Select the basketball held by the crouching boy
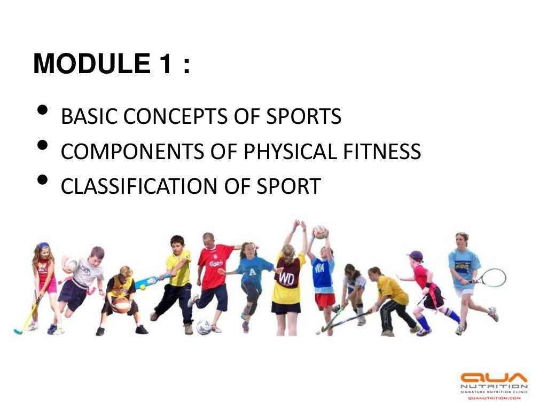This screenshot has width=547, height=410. click(121, 305)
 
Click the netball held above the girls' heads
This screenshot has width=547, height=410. click(320, 231)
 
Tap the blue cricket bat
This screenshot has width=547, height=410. click(146, 281)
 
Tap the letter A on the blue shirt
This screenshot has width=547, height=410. click(251, 271)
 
